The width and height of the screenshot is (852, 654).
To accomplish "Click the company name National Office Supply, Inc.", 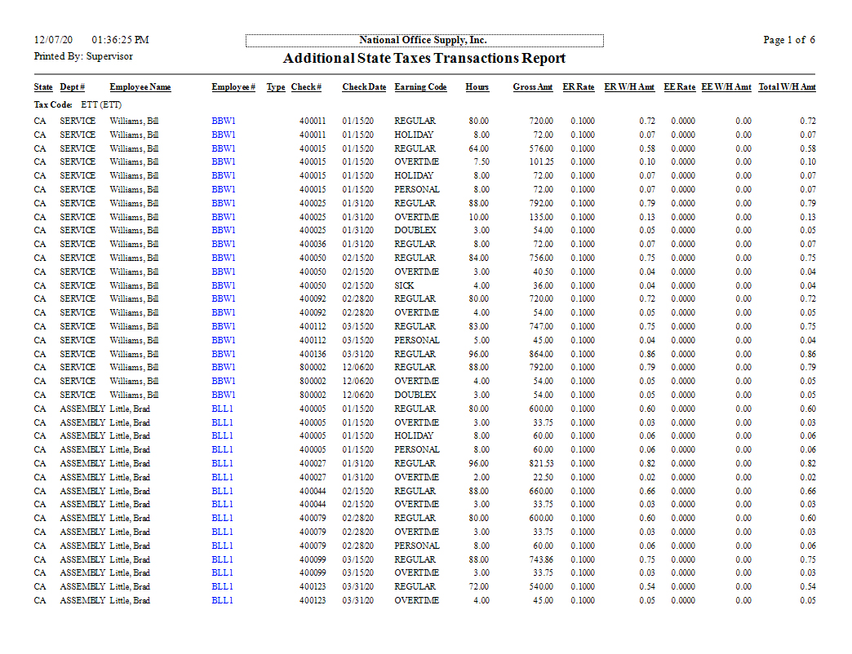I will point(424,40).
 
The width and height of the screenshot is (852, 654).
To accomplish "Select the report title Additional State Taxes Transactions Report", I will point(424,59).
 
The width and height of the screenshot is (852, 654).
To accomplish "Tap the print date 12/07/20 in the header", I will point(54,40).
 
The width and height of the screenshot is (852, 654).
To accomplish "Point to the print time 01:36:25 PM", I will point(121,40).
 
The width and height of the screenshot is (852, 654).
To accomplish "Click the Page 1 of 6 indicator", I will point(788,40).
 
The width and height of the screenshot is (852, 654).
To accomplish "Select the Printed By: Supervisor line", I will point(83,56).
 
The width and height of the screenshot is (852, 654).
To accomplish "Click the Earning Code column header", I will point(420,87).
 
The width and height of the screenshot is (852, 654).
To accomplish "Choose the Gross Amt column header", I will point(532,87).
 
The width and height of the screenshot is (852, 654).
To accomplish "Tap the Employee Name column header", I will point(140,87).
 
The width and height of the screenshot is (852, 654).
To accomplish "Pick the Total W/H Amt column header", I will point(787,87).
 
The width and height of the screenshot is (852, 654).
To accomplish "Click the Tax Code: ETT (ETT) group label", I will point(78,104).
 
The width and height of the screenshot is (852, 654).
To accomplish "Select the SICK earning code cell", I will point(404,285).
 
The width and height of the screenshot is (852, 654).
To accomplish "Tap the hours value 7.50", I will point(480,162).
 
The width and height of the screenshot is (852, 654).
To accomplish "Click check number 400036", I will point(312,244).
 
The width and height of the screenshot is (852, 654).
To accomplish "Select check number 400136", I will point(312,354).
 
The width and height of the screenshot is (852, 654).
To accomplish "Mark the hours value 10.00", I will point(478,217).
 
